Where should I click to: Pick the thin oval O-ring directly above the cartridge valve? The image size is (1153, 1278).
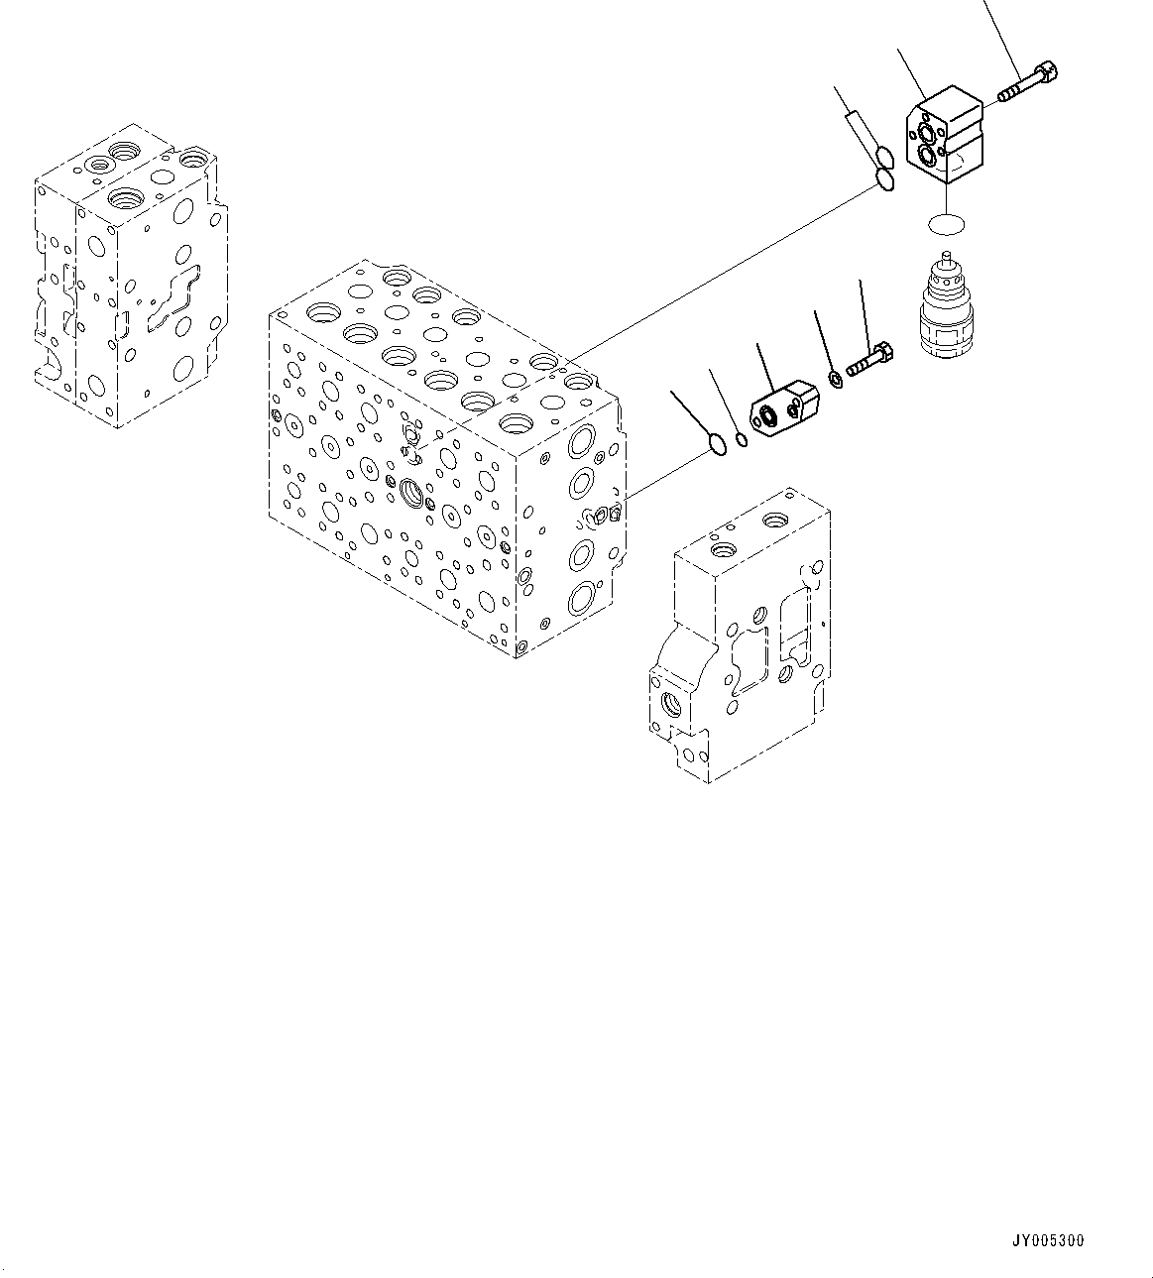coord(948,225)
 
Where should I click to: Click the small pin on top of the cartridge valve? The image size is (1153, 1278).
coord(948,261)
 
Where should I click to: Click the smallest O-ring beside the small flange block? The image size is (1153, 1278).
coord(741,440)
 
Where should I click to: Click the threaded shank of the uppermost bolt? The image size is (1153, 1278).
coord(1016,91)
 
